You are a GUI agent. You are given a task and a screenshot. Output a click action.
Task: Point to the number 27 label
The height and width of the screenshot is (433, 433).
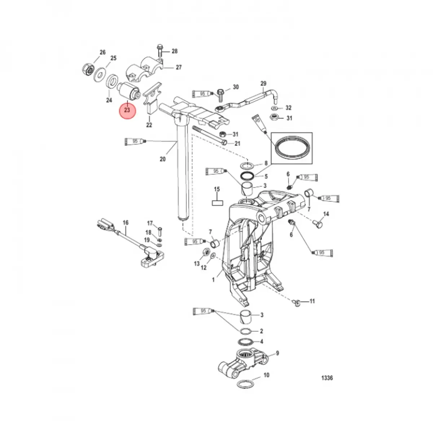pos(179,67)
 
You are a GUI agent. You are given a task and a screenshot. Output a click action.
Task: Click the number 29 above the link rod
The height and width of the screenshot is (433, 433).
pos(263,84)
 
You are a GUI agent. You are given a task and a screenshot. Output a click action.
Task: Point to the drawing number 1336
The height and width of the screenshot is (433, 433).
pos(327,378)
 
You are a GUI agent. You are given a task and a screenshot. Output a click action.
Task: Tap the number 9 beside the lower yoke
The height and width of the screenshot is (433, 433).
pos(277,353)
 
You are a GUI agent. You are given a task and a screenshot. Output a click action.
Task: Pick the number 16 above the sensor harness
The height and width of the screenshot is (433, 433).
pos(126,223)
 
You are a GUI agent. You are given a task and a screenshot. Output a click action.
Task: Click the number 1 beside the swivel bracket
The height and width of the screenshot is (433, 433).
pos(213,279)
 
